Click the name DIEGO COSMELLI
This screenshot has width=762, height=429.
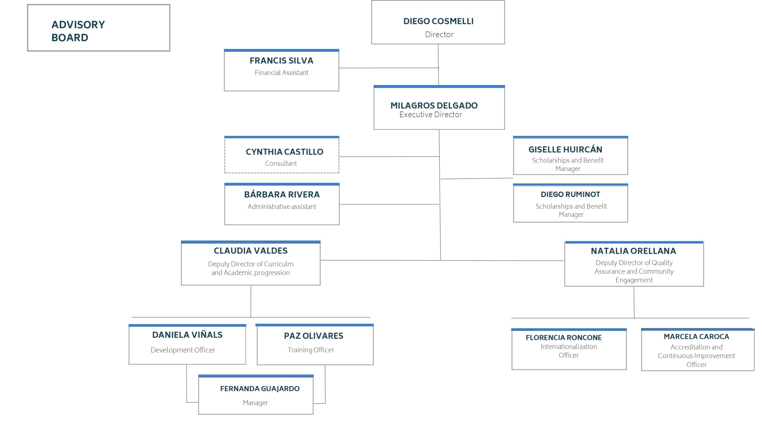coord(438,21)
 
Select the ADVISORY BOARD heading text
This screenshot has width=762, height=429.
coord(78,31)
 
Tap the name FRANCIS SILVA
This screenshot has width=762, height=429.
coord(281,60)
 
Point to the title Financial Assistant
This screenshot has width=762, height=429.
coord(281,72)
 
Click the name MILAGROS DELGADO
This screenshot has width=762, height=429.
coord(434,105)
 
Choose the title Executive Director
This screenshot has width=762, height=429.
coord(430,114)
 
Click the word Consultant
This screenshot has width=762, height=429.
coord(281,163)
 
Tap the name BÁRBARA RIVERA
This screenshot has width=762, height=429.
coord(282,194)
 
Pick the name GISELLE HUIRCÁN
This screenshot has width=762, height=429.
coord(565,149)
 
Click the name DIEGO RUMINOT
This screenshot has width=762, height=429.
coord(570,194)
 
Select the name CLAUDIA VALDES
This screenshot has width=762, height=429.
coord(250,251)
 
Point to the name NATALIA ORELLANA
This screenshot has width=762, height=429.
coord(633,251)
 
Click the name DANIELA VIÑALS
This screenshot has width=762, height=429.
coord(187,335)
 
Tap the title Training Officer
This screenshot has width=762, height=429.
coord(311,350)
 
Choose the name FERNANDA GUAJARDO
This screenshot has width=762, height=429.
coord(260,388)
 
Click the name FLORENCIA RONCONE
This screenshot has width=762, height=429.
coord(563,337)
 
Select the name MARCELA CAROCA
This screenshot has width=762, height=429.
coord(696,336)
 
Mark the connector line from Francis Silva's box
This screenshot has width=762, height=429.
coord(389,68)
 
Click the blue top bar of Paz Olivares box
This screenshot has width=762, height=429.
coord(315,325)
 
